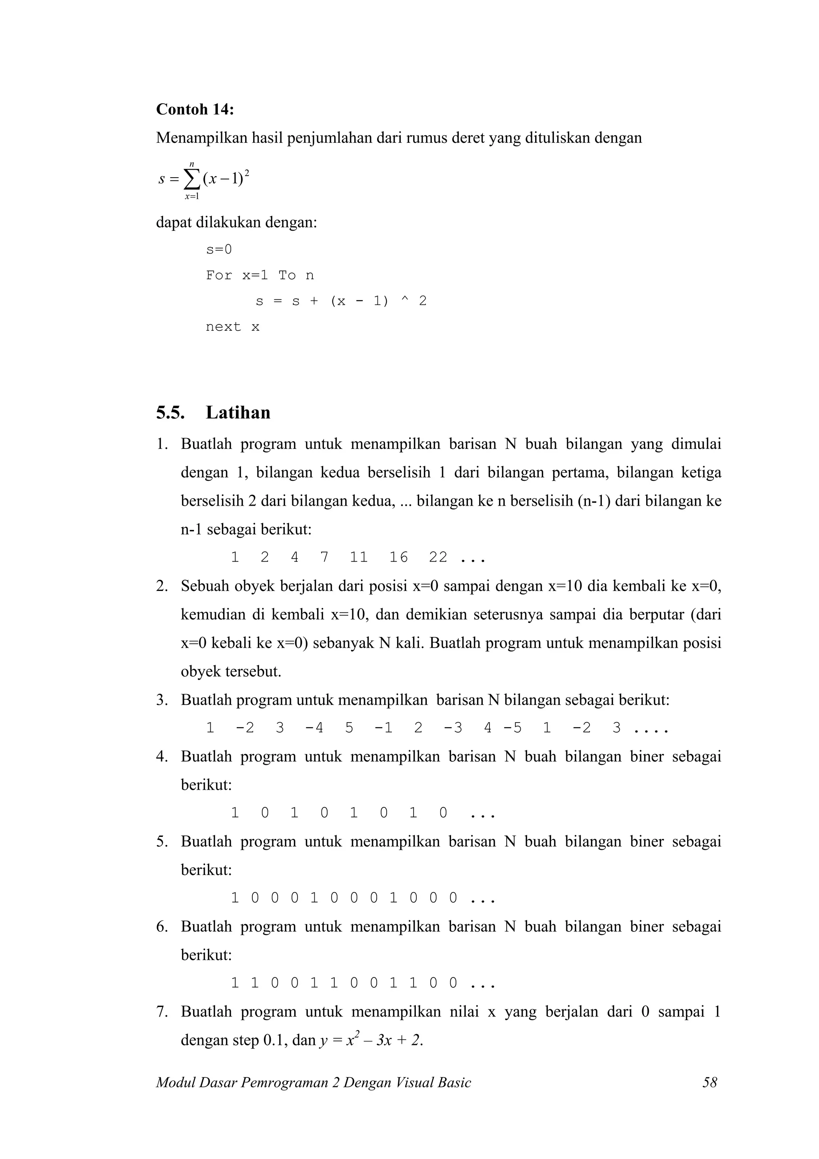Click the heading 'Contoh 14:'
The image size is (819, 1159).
[195, 109]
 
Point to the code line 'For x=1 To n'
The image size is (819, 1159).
[260, 275]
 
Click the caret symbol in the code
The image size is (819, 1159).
[403, 301]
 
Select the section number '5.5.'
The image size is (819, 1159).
[170, 412]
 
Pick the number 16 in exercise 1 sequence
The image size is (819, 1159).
[398, 557]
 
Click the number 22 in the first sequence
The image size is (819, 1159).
[437, 557]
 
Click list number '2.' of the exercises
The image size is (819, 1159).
[162, 586]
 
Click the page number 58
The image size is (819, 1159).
[709, 1082]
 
